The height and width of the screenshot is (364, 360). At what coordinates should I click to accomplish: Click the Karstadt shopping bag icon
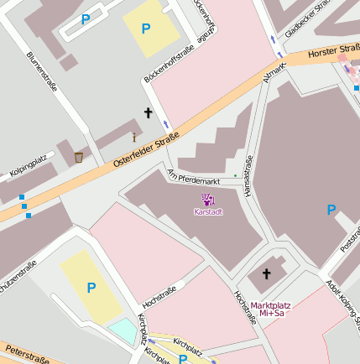tap(207, 199)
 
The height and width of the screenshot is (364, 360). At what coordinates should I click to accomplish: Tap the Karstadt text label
tap(207, 211)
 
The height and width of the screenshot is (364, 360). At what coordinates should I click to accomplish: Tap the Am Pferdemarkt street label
tap(194, 176)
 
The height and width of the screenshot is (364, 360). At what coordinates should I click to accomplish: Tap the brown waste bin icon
tap(78, 157)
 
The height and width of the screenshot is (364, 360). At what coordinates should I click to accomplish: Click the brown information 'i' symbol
tap(133, 137)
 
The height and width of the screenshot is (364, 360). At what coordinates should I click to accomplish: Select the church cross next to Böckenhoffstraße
tap(149, 112)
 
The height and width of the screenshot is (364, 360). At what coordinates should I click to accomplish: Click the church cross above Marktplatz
tap(267, 273)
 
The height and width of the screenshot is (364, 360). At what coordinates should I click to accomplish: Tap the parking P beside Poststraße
tap(331, 210)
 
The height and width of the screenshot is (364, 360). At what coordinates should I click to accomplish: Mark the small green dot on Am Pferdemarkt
tap(235, 175)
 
